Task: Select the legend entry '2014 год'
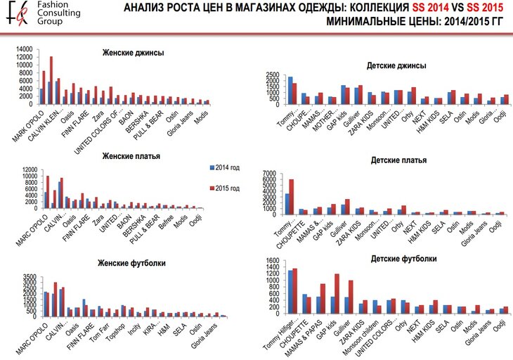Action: pos(230,167)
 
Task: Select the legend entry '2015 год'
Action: pos(230,188)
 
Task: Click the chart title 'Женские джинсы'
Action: pos(133,52)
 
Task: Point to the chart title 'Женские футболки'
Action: pos(134,263)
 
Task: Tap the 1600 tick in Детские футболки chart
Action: pos(273,262)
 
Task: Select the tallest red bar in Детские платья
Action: pos(291,196)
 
